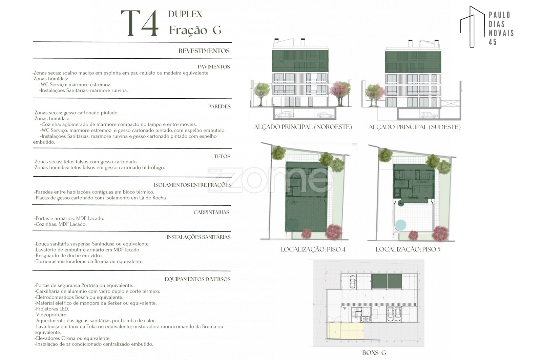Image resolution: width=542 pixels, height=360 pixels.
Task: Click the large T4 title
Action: (x=140, y=23)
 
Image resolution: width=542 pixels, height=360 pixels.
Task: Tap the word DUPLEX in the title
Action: (x=185, y=14)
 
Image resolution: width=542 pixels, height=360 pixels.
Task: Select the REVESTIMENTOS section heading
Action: (x=204, y=51)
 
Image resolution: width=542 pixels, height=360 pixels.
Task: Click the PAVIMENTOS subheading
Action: (x=214, y=66)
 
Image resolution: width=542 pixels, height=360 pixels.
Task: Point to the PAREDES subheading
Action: (x=219, y=106)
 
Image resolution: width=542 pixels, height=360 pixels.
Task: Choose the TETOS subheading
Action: (x=222, y=156)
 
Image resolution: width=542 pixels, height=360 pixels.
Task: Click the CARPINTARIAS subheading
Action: (x=211, y=212)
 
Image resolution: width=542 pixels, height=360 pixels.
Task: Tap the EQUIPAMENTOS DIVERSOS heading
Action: (x=197, y=279)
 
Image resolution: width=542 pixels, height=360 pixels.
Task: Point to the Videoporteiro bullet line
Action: (x=51, y=315)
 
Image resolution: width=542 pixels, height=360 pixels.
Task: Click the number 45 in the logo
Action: (x=493, y=42)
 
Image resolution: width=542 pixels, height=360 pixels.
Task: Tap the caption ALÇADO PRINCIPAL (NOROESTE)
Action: (x=303, y=127)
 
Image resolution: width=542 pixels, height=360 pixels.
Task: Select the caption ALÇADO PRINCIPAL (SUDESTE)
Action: (x=415, y=127)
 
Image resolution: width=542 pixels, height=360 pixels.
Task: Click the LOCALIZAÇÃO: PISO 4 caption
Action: (x=313, y=249)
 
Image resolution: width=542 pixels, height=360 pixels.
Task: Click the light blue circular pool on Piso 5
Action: (x=400, y=225)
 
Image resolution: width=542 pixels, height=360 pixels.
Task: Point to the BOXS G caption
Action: (x=374, y=353)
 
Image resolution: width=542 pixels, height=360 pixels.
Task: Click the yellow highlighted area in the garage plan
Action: (x=345, y=331)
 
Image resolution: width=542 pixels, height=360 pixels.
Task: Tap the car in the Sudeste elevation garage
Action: (x=429, y=115)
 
